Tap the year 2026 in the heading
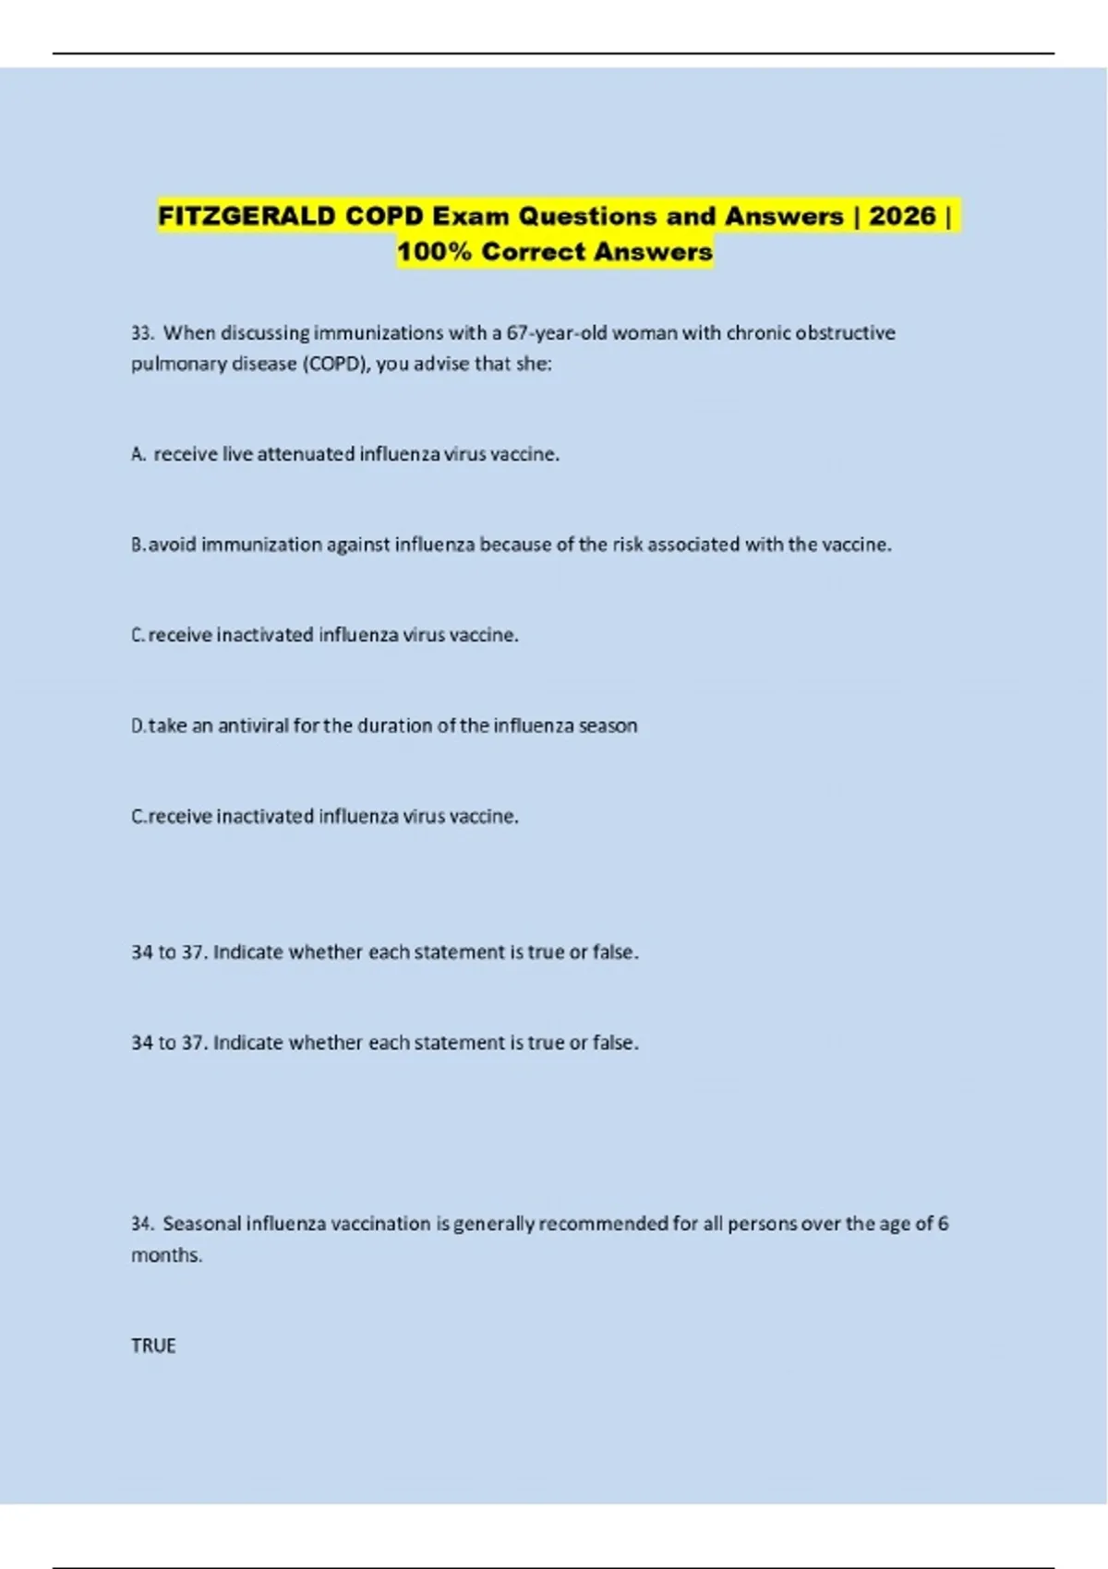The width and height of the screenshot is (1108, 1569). point(902,216)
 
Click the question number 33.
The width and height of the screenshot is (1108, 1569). point(142,333)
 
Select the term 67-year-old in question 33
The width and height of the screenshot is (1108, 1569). point(559,333)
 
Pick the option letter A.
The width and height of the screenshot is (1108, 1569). point(138,454)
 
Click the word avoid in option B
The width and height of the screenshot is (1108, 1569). point(173,545)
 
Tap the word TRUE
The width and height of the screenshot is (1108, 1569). point(153,1346)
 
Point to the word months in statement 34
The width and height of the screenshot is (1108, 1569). point(165,1255)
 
